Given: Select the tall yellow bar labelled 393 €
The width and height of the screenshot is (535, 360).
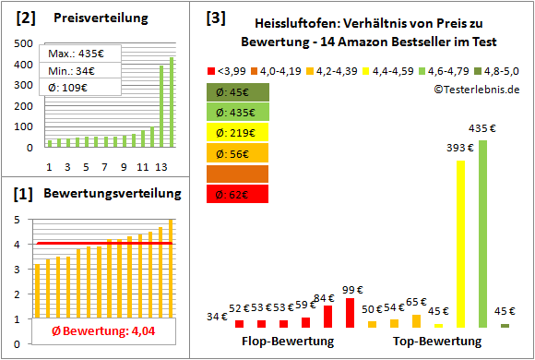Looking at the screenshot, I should tap(460, 244).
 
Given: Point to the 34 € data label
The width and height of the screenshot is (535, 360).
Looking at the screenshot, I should tap(217, 317).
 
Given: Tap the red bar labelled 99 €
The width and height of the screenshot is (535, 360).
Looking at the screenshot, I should tap(351, 313).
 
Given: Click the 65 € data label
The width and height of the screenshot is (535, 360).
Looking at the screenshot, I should tap(416, 302).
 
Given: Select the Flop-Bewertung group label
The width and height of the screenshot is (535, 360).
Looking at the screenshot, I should tap(288, 341).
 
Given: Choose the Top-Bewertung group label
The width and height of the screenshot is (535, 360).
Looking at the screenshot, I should tap(437, 341).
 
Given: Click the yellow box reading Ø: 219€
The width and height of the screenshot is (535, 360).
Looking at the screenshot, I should tap(238, 133).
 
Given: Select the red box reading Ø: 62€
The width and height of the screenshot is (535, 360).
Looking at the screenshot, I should tap(238, 194).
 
